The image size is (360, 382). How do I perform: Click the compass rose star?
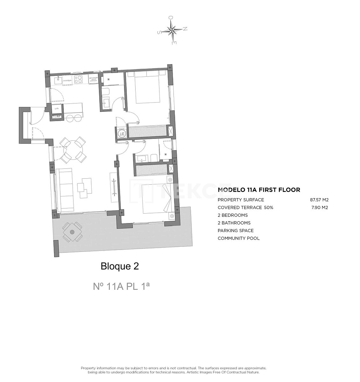[x=172, y=31]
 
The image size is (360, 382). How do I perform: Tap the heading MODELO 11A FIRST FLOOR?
[x=258, y=190]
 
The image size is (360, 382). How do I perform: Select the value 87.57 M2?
[x=319, y=200]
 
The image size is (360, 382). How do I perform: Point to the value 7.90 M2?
[x=320, y=208]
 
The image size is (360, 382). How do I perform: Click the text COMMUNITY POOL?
[x=238, y=238]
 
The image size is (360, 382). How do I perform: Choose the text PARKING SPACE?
[x=236, y=231]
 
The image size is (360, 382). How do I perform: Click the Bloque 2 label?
[x=120, y=266]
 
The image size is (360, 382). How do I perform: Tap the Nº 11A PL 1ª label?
[x=121, y=286]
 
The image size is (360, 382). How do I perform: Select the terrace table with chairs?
[x=72, y=232]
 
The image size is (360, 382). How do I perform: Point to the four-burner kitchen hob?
[x=78, y=79]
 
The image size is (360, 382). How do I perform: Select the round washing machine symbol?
[x=122, y=134]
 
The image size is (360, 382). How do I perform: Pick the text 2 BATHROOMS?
[x=234, y=223]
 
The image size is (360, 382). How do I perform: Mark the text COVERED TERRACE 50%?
[x=245, y=208]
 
